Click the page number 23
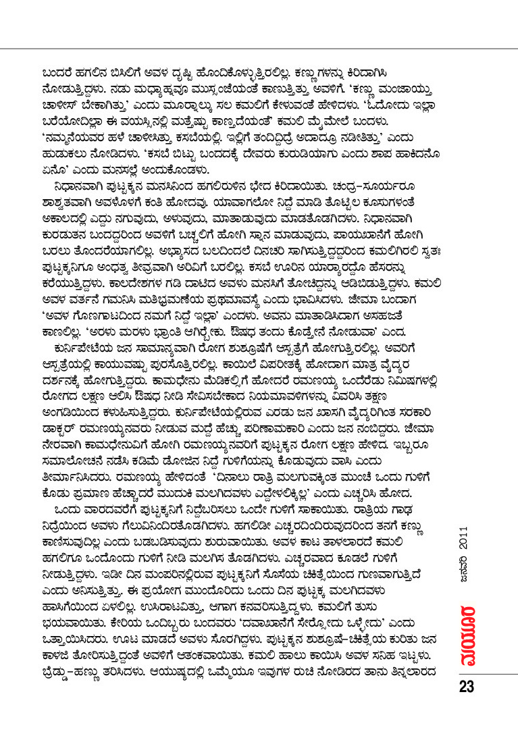click(467, 687)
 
